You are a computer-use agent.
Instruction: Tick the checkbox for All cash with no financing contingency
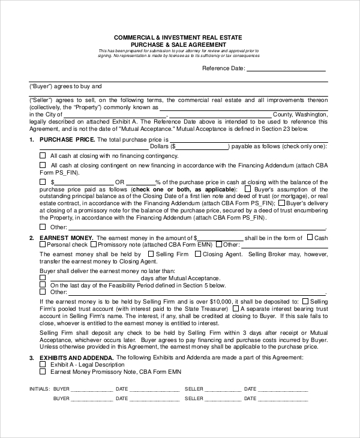(42, 155)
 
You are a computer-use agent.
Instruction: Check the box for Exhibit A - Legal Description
(43, 364)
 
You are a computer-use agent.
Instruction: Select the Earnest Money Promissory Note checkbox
(43, 371)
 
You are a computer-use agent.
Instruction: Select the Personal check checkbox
(42, 245)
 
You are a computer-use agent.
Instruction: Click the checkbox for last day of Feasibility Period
(42, 285)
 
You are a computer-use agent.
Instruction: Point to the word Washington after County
(313, 114)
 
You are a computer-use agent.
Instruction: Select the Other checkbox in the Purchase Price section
(42, 227)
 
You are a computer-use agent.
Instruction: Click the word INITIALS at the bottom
(39, 389)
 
